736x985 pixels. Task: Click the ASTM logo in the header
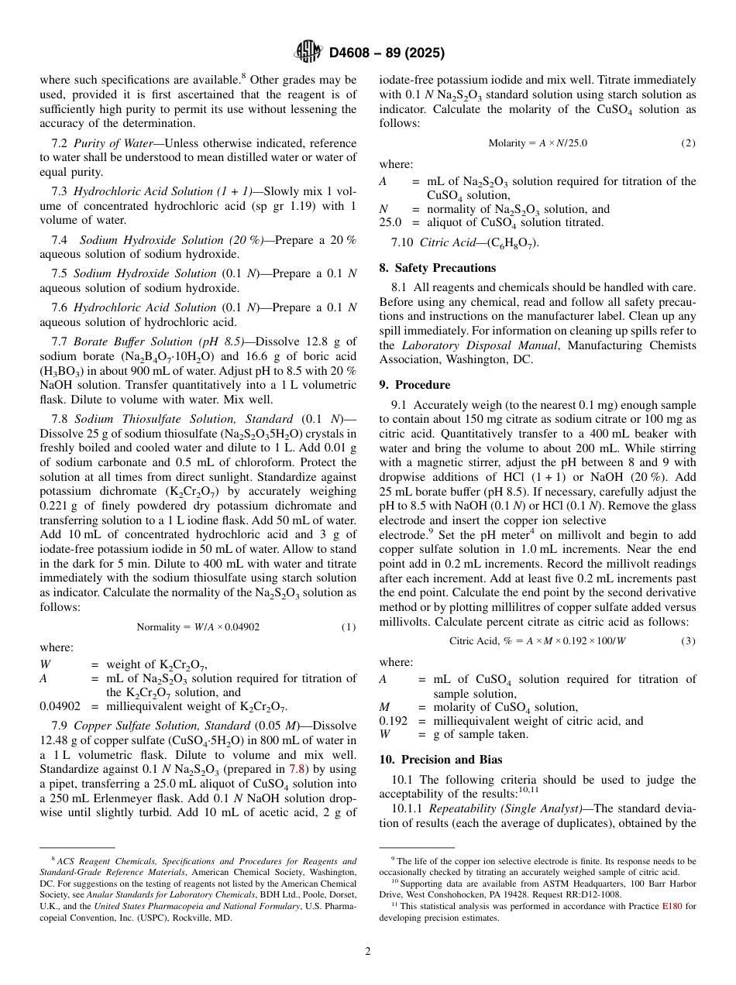click(308, 53)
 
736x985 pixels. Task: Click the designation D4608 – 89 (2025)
click(387, 53)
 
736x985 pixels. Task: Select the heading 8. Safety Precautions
click(437, 268)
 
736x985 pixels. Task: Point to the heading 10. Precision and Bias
click(440, 760)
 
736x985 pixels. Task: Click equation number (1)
click(349, 627)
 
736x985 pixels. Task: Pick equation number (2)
click(688, 143)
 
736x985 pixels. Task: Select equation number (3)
click(688, 641)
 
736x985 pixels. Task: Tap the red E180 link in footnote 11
click(672, 905)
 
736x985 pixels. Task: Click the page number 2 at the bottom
click(368, 952)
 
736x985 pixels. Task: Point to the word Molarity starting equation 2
click(507, 143)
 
